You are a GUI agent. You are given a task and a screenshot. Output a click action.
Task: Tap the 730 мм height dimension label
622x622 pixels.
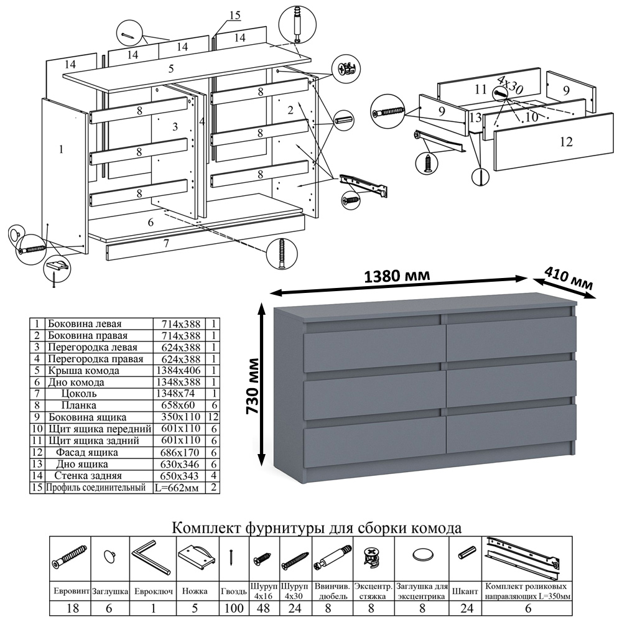pyautogui.click(x=254, y=386)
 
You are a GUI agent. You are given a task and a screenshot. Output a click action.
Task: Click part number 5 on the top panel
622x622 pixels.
pyautogui.click(x=171, y=68)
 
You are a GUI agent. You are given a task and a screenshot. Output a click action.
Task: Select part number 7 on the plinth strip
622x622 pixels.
pyautogui.click(x=166, y=243)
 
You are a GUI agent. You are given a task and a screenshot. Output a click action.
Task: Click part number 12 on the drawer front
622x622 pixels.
pyautogui.click(x=565, y=142)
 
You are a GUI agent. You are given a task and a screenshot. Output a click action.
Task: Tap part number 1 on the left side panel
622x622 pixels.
pyautogui.click(x=61, y=149)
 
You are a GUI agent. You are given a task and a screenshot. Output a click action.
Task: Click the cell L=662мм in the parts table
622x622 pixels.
pyautogui.click(x=176, y=488)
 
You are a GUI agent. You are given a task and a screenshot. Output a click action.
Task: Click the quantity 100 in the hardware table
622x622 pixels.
pyautogui.click(x=234, y=608)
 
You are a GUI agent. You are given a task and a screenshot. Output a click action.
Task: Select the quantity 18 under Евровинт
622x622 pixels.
pyautogui.click(x=72, y=608)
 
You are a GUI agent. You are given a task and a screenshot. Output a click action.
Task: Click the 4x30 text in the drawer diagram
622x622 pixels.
pyautogui.click(x=509, y=85)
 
